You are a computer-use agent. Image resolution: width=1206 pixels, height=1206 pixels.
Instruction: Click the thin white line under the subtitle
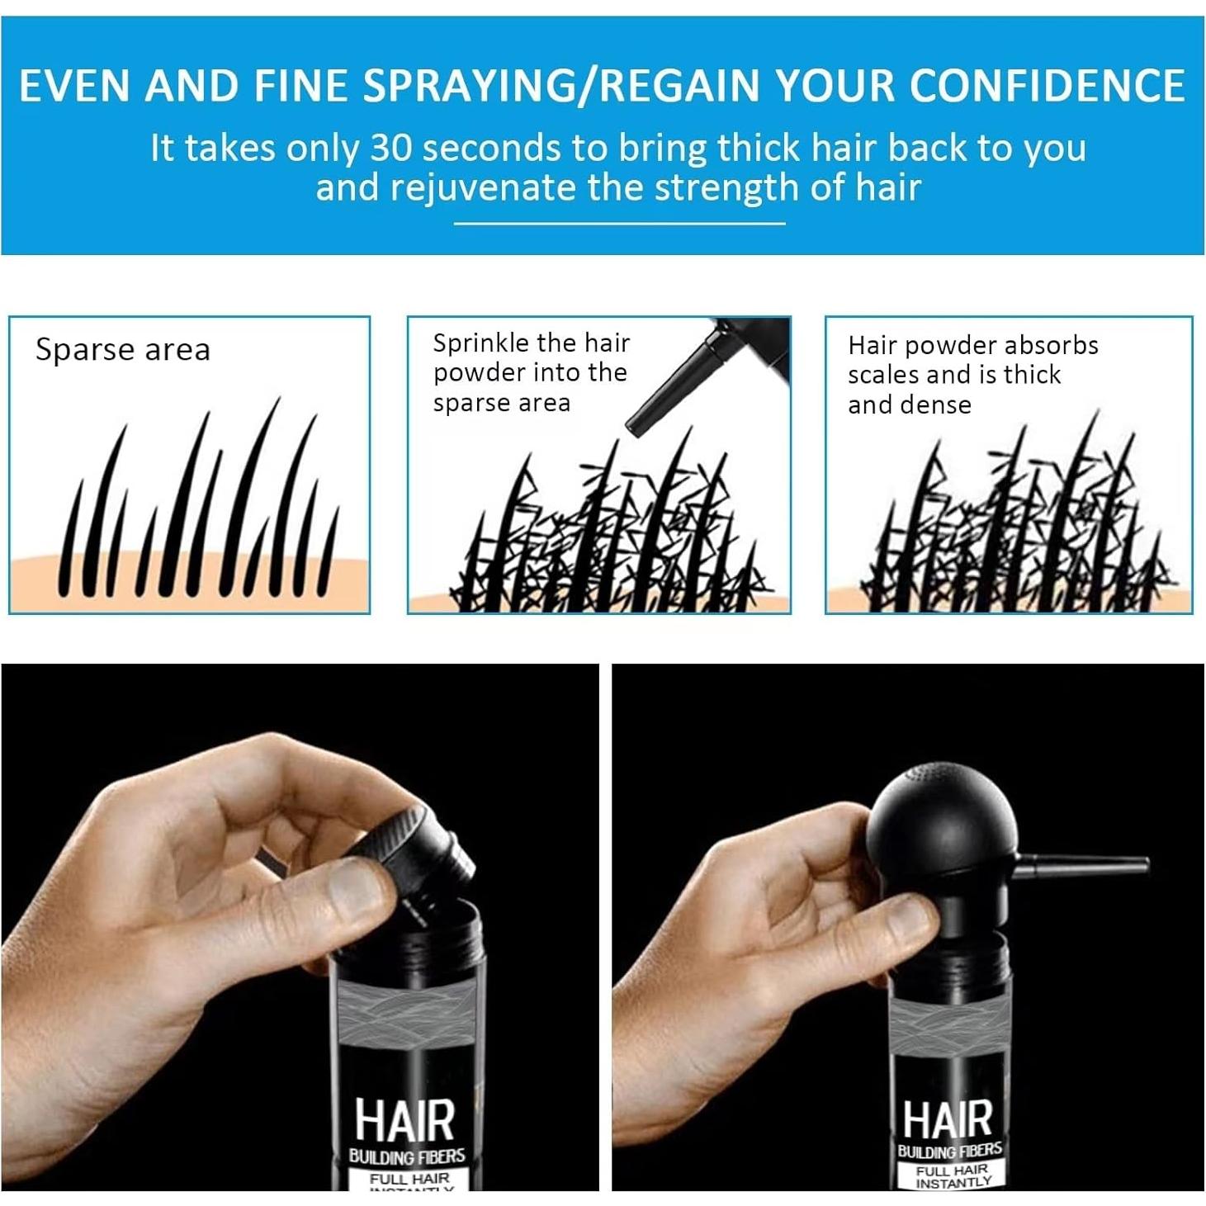point(619,223)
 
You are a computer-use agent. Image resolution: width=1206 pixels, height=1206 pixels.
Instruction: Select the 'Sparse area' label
point(123,350)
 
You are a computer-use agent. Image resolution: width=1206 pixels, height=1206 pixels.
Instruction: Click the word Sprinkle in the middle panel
point(480,343)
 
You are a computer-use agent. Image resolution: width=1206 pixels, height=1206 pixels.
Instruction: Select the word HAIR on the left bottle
point(404,1120)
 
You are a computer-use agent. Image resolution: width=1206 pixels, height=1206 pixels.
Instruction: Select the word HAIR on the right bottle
point(947,1119)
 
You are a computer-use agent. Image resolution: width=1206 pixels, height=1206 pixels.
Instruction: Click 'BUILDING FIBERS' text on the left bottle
point(406,1156)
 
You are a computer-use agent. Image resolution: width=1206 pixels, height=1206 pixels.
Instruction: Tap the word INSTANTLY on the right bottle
point(953,1183)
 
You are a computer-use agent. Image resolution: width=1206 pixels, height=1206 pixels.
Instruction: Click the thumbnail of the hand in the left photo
point(355,888)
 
